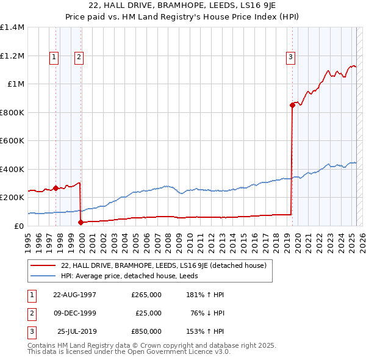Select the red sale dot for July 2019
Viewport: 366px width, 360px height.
(x=292, y=105)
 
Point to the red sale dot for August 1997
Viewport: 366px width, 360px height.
(x=56, y=188)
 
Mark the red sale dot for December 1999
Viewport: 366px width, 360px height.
(x=81, y=222)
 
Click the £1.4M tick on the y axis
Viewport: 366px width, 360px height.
(x=12, y=27)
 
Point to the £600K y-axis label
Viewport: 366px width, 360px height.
(x=12, y=140)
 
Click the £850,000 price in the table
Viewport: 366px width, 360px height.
(x=146, y=331)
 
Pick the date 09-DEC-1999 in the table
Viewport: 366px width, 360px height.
(x=75, y=313)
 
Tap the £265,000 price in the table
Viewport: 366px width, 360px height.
(x=146, y=295)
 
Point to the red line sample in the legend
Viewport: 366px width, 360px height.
(x=43, y=266)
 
